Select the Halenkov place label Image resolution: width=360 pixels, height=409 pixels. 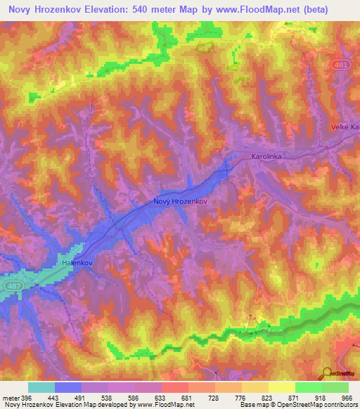click(x=78, y=261)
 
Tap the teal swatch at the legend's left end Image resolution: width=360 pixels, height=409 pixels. click(x=41, y=387)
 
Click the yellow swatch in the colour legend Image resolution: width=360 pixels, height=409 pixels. click(x=282, y=387)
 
